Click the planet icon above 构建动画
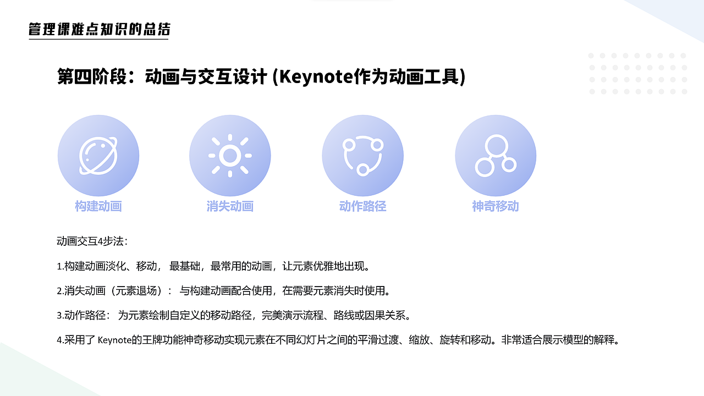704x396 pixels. [98, 156]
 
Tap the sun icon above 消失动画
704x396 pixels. [230, 156]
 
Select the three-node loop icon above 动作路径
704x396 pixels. [362, 156]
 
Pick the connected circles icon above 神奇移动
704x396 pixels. [496, 156]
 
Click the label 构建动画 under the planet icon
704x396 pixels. [98, 206]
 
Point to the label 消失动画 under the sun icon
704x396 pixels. [230, 206]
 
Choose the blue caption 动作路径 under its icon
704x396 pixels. [362, 206]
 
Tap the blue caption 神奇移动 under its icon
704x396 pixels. [496, 206]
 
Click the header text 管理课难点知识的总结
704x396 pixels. [99, 29]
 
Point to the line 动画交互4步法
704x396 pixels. [92, 241]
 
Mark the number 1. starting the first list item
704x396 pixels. [61, 267]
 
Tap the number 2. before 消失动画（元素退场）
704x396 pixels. [61, 290]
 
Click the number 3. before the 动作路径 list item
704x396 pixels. [61, 316]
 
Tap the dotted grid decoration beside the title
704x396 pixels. [637, 74]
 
